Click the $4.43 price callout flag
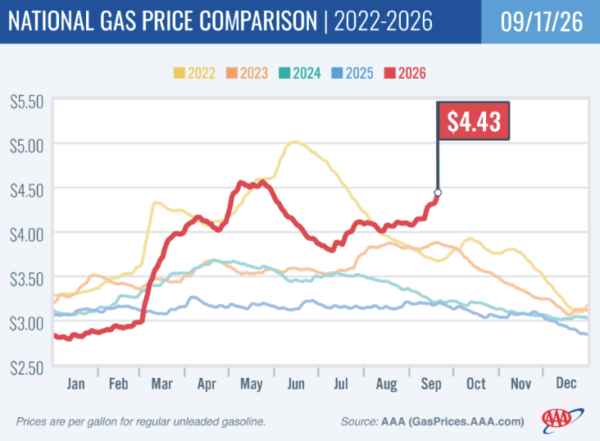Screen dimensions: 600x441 pos(473,121)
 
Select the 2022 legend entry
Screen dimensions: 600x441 pos(194,73)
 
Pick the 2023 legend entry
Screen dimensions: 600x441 pos(247,73)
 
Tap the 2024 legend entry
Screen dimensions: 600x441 pos(300,73)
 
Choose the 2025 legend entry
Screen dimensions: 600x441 pos(352,73)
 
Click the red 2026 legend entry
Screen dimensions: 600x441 pos(405,73)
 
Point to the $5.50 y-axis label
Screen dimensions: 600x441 pos(27,102)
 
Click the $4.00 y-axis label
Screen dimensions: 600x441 pos(27,234)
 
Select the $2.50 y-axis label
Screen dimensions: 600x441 pos(27,368)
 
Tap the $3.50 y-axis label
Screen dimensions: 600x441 pos(27,280)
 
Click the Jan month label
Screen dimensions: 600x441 pos(75,384)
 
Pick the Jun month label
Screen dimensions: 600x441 pos(296,384)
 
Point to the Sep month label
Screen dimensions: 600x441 pos(431,384)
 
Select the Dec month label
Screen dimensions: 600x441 pos(566,383)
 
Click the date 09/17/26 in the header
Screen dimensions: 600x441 pos(542,21)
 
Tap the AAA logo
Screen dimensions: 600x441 pos(562,421)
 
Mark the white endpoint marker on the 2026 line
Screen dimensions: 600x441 pos(438,192)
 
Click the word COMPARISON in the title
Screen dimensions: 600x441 pos(258,20)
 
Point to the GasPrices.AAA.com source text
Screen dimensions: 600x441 pos(466,421)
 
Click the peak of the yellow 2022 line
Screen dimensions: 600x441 pos(294,142)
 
